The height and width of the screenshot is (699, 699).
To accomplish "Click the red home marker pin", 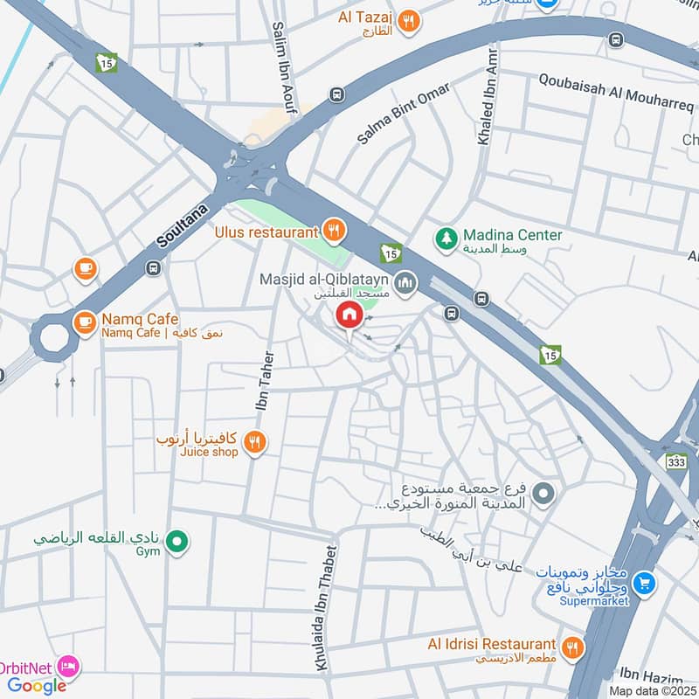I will tap(349, 315).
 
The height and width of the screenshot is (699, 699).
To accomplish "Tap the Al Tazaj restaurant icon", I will tap(406, 21).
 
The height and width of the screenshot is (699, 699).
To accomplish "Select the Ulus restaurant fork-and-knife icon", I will tap(333, 232).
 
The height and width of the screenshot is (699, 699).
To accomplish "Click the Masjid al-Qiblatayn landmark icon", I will tap(404, 282).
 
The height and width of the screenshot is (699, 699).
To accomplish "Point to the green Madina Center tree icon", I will tap(446, 237).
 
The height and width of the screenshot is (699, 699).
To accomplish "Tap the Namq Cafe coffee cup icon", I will tap(85, 322).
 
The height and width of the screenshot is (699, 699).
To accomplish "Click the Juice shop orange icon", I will tap(254, 443).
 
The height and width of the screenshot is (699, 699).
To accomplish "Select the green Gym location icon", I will tap(178, 544).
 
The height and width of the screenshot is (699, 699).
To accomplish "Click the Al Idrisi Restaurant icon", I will tap(572, 647).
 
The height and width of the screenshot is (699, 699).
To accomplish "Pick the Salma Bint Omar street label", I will tap(404, 114).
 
